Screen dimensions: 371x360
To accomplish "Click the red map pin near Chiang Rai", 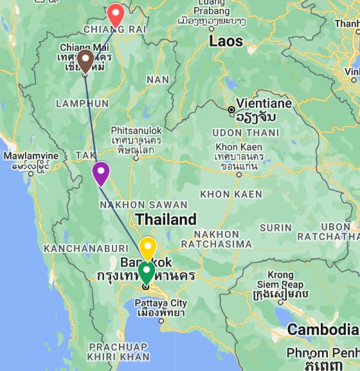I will coord(115,14).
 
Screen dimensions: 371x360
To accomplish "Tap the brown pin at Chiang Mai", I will coord(85,60).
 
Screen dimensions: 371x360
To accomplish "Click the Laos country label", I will coord(226,41).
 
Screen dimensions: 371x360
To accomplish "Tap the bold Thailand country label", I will coord(165,219).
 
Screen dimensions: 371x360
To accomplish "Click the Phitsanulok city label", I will coord(136,130).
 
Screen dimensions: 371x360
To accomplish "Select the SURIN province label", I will coord(275,228).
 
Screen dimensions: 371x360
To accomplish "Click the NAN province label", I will coord(157,80).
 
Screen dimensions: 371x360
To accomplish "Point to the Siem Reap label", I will coord(280,284).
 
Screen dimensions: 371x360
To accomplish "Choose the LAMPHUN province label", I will coord(82,103).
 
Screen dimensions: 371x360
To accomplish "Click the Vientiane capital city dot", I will coord(231,110).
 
